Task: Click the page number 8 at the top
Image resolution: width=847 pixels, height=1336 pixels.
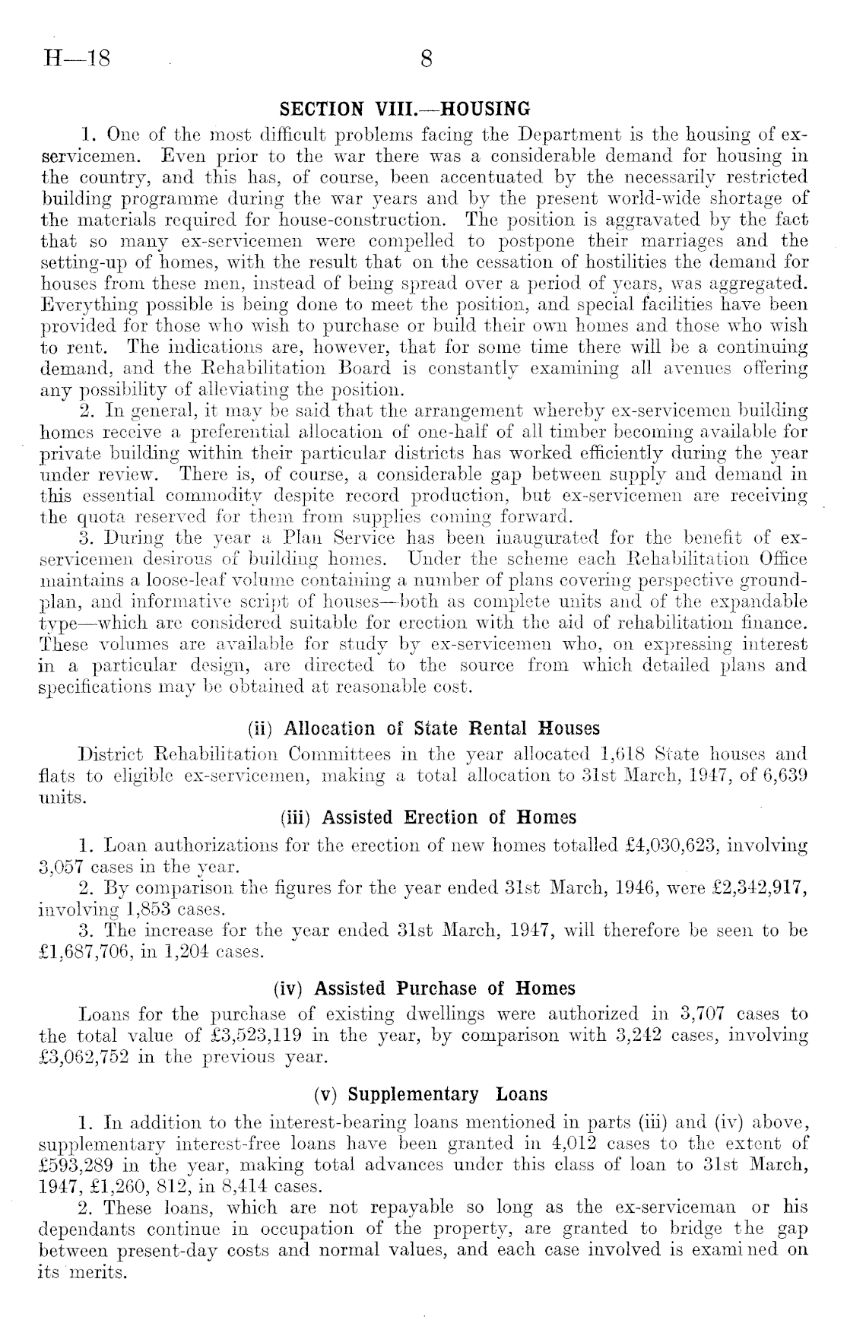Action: (x=426, y=59)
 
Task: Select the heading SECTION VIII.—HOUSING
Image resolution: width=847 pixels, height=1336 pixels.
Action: (x=405, y=109)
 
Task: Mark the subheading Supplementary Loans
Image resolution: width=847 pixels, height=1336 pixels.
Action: (x=430, y=1094)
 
